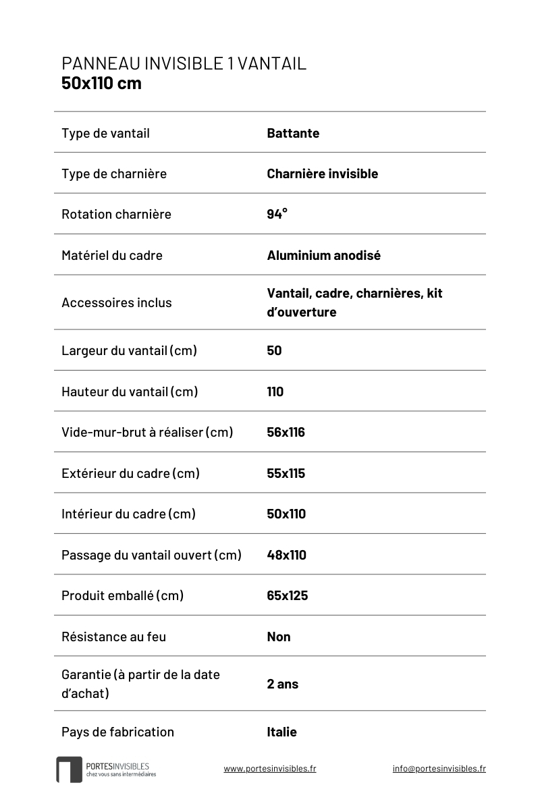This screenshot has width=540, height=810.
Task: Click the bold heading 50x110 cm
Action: (101, 84)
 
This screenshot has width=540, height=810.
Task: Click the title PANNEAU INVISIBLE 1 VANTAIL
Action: (184, 63)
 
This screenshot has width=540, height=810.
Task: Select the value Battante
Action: (293, 133)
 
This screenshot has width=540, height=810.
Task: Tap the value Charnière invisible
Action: (322, 173)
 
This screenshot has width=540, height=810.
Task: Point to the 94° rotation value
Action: (277, 214)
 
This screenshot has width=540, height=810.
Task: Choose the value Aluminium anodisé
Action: (323, 255)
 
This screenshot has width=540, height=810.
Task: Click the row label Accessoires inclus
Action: (116, 302)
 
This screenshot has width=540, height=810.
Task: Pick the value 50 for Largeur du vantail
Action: (274, 350)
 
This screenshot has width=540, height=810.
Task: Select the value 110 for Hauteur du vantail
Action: (275, 391)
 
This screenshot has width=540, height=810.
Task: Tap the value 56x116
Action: (286, 432)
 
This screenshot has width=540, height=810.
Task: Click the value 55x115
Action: (286, 473)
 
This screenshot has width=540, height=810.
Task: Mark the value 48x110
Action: (286, 555)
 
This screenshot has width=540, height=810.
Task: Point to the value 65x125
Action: (287, 595)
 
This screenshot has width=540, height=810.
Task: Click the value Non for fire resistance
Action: (278, 637)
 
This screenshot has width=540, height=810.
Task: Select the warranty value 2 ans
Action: (282, 684)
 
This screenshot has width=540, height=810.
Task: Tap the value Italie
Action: (281, 732)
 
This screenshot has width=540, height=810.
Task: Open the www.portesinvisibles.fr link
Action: (269, 768)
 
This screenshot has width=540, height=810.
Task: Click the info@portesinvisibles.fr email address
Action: (439, 768)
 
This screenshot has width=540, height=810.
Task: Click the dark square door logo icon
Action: (69, 769)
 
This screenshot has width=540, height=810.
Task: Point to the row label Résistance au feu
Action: (113, 637)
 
